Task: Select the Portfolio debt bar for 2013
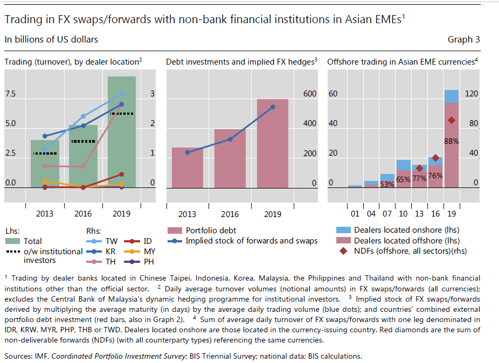[x=187, y=168]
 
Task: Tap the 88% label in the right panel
[x=451, y=142]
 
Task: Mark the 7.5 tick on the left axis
[x=10, y=94]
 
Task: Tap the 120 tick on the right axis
[x=472, y=94]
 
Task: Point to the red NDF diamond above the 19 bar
[x=452, y=120]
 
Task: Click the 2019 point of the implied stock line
[x=273, y=107]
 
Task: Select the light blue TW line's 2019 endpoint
[x=121, y=94]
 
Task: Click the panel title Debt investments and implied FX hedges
[x=240, y=62]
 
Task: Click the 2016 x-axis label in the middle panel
[x=230, y=214]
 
